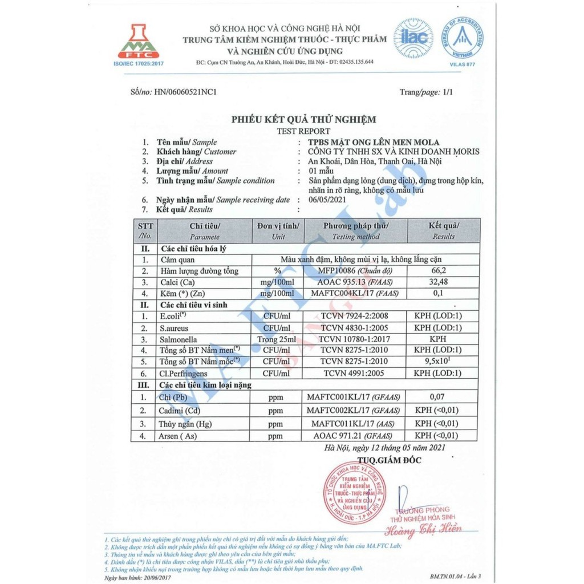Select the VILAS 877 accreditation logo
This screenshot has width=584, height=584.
pyautogui.click(x=462, y=40)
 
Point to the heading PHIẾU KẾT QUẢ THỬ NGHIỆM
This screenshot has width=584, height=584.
pyautogui.click(x=303, y=119)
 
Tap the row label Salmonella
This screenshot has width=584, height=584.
pyautogui.click(x=179, y=339)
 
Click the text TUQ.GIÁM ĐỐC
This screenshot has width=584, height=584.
pyautogui.click(x=390, y=460)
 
